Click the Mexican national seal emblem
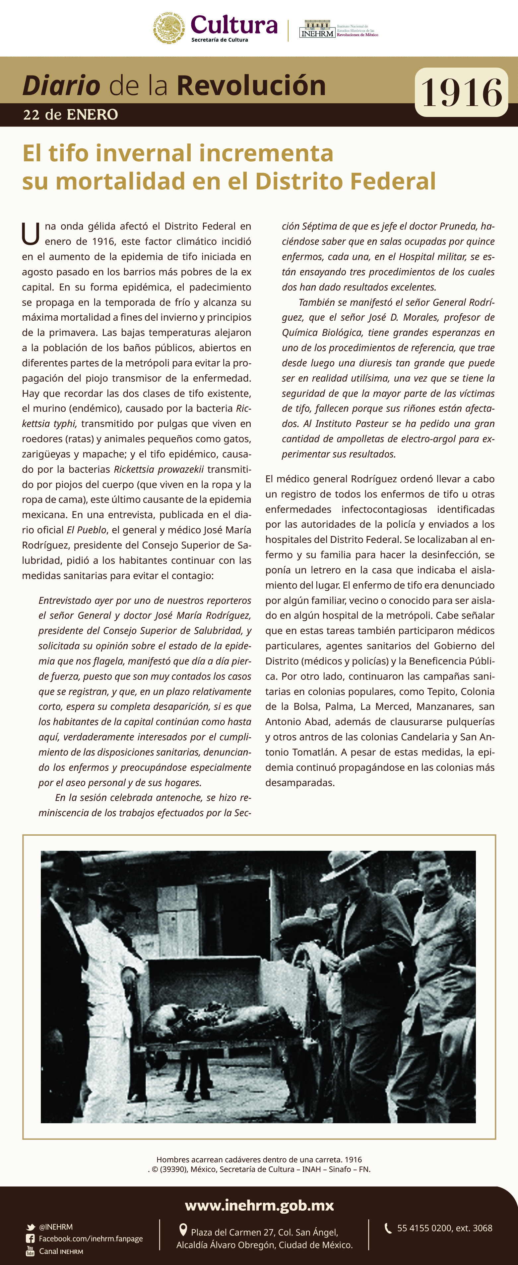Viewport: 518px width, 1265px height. [169, 28]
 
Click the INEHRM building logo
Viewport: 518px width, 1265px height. [317, 29]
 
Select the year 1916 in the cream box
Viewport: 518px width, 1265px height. [461, 92]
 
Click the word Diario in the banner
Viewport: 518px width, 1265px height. [61, 85]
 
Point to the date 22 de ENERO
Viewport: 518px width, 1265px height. [70, 115]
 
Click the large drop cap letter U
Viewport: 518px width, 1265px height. [31, 234]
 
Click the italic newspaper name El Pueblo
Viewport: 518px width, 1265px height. [87, 530]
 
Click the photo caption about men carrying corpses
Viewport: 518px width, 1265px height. [259, 1159]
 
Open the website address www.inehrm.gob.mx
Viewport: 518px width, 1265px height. [259, 1206]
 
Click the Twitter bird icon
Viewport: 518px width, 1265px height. [31, 1227]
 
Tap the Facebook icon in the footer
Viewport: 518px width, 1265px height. [31, 1239]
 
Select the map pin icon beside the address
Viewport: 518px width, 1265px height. [183, 1230]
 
